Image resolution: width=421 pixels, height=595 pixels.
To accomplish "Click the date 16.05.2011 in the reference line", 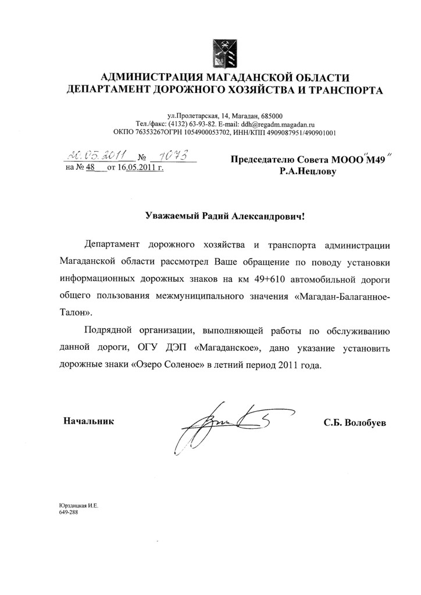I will point(137,169).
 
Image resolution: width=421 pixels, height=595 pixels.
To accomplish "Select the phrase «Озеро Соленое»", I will point(172,367).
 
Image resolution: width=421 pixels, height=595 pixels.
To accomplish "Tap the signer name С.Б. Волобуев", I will point(355,422).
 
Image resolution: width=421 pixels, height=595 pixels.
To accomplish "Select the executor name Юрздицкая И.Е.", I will point(79,507).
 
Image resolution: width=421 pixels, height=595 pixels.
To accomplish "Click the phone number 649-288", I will point(69,514).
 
